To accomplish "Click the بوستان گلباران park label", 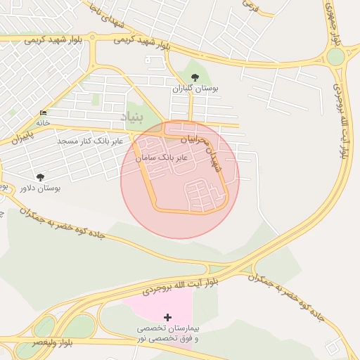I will pyautogui.click(x=196, y=89).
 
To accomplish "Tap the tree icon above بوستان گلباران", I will pyautogui.click(x=195, y=77).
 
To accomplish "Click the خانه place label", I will pyautogui.click(x=44, y=122).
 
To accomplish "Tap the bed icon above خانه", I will pyautogui.click(x=44, y=112).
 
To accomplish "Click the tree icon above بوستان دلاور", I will pyautogui.click(x=40, y=176).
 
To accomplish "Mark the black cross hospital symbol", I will pyautogui.click(x=167, y=318).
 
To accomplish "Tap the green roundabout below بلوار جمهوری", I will pyautogui.click(x=336, y=56).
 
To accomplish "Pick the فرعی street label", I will pyautogui.click(x=250, y=5).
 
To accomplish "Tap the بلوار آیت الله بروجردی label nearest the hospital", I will pyautogui.click(x=180, y=284).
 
